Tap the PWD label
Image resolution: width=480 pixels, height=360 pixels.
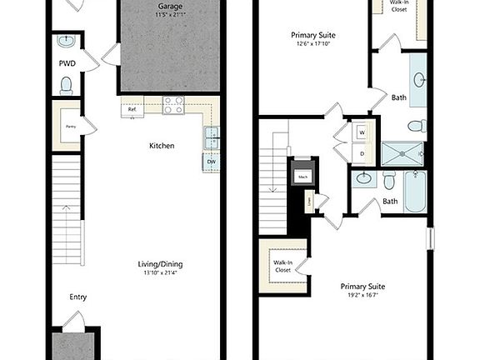[67, 62]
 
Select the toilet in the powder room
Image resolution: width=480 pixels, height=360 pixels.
[67, 83]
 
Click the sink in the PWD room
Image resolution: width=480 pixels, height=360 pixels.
[67, 41]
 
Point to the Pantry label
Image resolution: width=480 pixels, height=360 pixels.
[72, 125]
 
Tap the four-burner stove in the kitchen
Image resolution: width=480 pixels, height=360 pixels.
[173, 105]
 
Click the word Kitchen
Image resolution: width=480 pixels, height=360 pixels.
[162, 146]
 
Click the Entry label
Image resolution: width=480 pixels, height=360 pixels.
[78, 297]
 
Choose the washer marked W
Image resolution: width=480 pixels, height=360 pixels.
[362, 132]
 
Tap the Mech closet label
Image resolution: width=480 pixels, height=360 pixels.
[302, 176]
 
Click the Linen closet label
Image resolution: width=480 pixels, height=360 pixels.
[310, 202]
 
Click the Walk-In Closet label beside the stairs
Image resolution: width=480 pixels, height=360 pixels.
[282, 267]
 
